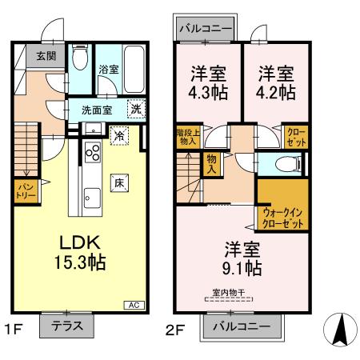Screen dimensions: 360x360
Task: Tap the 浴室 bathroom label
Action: click(108, 70)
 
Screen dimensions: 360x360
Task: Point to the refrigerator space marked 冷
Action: click(118, 135)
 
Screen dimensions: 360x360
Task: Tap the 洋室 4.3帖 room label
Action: click(206, 82)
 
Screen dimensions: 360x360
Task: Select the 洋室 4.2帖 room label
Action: click(276, 82)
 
